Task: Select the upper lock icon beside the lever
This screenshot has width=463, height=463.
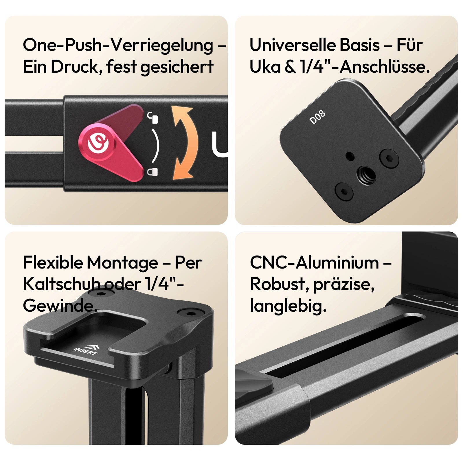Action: point(153,118)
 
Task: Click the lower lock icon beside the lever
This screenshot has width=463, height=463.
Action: point(153,172)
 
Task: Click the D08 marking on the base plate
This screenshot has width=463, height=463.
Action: point(317,117)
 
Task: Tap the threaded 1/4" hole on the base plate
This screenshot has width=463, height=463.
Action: point(366,175)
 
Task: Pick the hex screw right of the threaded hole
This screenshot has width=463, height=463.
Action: point(389,158)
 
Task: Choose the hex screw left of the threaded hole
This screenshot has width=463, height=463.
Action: point(344,192)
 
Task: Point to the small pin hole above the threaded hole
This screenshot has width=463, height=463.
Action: point(350,157)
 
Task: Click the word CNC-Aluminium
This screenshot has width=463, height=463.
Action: point(314,263)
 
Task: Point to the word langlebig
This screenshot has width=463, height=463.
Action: point(288,306)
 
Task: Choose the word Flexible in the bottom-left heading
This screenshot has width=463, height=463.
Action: point(52,263)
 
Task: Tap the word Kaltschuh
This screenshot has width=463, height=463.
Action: point(62,284)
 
